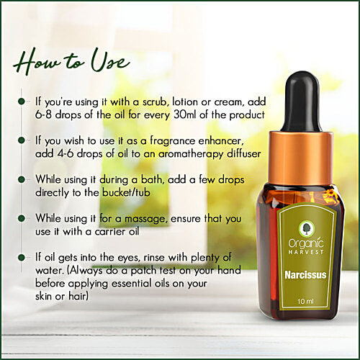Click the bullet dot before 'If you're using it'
[22, 102]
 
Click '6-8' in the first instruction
[46, 117]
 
